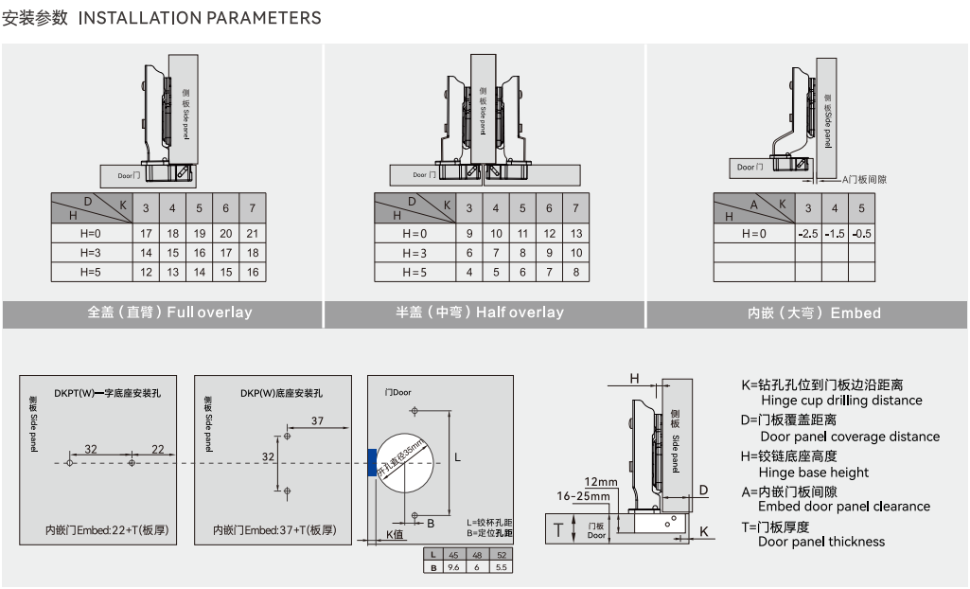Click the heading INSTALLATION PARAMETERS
(199, 18)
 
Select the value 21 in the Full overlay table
(252, 233)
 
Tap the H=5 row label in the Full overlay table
(90, 272)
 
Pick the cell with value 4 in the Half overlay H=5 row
(469, 272)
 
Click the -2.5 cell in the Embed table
(807, 233)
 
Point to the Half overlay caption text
(480, 312)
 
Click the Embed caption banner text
(814, 313)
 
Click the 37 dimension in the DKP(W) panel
(317, 419)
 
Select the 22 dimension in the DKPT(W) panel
(157, 449)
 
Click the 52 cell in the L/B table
(501, 555)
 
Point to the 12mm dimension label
(600, 482)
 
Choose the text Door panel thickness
(821, 542)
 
